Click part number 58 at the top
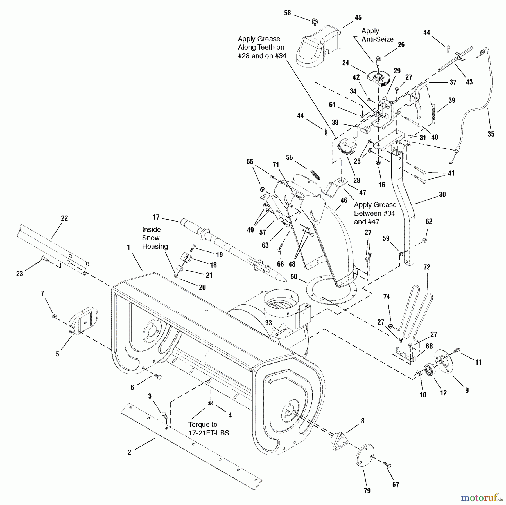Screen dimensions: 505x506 [x=287, y=13]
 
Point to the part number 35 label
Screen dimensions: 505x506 [x=491, y=134]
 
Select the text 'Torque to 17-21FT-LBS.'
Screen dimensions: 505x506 [x=210, y=429]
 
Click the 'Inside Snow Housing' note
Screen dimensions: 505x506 [x=155, y=238]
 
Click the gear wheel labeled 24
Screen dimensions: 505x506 [x=378, y=79]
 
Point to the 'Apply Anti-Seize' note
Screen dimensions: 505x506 [x=377, y=35]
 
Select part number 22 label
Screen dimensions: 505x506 [x=64, y=218]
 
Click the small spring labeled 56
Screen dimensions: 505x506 [x=315, y=174]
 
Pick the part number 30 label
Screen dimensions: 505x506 [x=442, y=195]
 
